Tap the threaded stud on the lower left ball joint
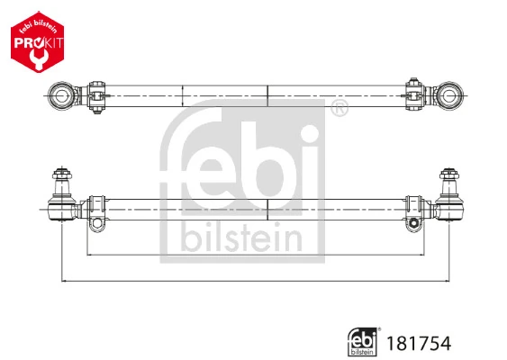pyautogui.click(x=64, y=175)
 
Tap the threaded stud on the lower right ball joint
pyautogui.click(x=448, y=175)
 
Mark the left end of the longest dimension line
pyautogui.click(x=62, y=282)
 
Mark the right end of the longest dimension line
pyautogui.click(x=448, y=282)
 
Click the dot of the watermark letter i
pyautogui.click(x=309, y=135)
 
